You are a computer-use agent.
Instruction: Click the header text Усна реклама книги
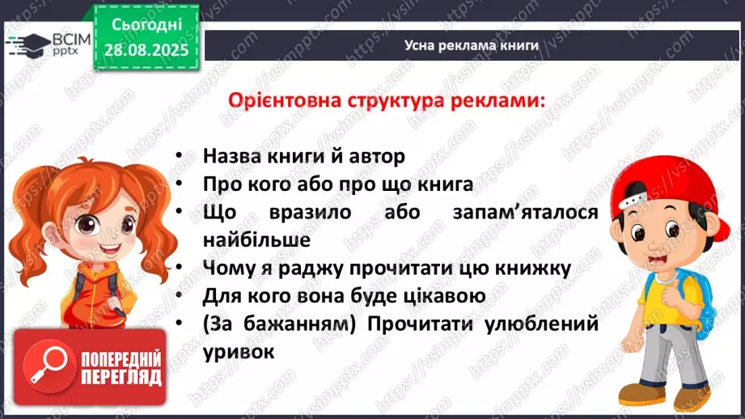(472, 45)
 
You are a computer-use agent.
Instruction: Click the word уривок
(239, 352)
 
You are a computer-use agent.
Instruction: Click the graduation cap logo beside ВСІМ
(23, 44)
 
